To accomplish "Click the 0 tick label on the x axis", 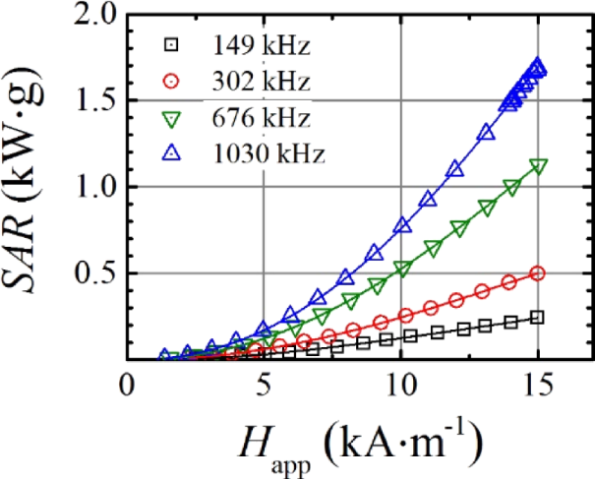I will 125,385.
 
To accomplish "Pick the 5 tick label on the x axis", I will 263,385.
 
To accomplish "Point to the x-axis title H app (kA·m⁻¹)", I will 357,445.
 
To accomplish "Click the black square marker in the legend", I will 172,44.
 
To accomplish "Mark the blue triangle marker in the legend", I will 172,154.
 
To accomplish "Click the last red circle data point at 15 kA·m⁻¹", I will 537,273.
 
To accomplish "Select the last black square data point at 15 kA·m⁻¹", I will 537,317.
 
